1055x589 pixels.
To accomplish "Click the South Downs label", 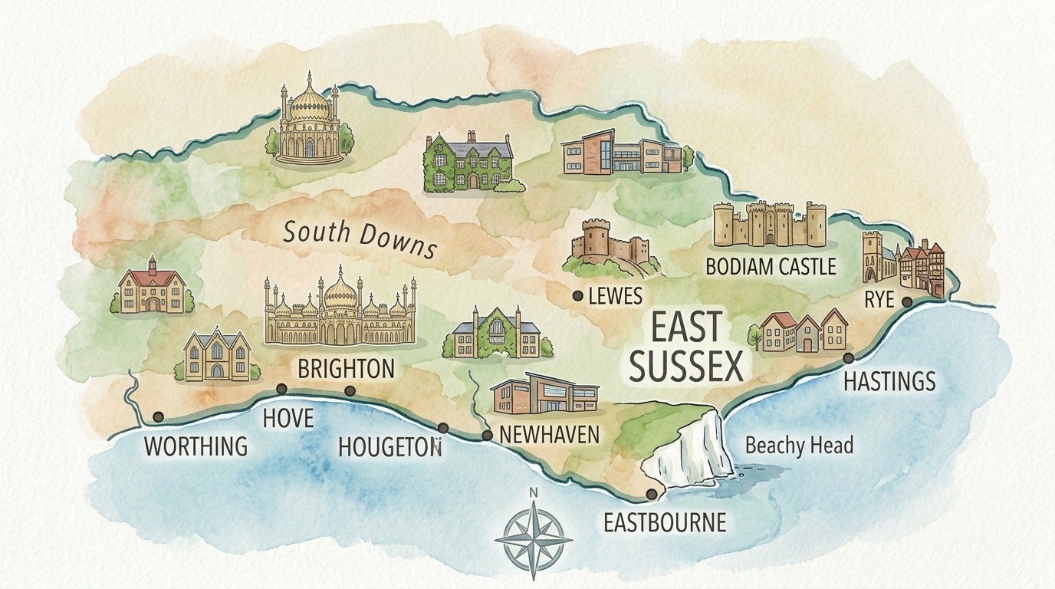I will (360, 239).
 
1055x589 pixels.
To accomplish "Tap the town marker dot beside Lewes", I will (577, 295).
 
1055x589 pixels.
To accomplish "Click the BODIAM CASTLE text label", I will (770, 267).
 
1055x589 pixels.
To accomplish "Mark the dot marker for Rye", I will (907, 302).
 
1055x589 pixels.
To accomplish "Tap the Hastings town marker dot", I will (849, 358).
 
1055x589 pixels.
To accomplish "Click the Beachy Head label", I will (798, 445).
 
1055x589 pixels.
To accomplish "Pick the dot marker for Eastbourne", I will (651, 494).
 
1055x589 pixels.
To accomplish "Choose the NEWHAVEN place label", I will (548, 434).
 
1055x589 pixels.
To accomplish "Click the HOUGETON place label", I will (389, 446).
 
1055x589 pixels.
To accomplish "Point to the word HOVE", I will (288, 418).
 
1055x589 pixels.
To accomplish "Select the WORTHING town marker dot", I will (158, 416).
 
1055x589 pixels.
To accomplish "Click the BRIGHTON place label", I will (346, 369).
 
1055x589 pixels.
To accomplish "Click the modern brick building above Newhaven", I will (544, 396).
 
